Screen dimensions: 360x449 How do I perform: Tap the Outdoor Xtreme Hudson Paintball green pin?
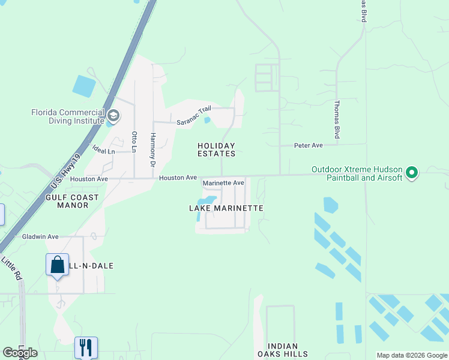(412, 173)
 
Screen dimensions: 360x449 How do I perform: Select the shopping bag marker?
(57, 265)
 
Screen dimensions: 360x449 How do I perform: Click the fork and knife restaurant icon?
(85, 346)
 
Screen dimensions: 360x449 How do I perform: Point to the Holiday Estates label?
(217, 149)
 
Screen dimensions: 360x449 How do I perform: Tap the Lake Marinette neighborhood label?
(226, 208)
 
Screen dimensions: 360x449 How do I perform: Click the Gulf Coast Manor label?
(67, 201)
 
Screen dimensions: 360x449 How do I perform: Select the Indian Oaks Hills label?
(288, 350)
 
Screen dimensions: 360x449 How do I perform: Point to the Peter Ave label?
(309, 145)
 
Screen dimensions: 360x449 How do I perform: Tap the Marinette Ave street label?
(223, 183)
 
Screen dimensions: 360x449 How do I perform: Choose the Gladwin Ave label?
(40, 236)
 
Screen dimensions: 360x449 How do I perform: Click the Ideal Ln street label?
(104, 151)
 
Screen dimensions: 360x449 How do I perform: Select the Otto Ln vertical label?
(134, 141)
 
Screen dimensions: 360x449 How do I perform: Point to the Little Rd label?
(11, 269)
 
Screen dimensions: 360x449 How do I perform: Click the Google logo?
(20, 353)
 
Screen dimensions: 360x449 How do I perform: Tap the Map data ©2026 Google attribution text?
(412, 355)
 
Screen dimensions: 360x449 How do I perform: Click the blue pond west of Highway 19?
(83, 86)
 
